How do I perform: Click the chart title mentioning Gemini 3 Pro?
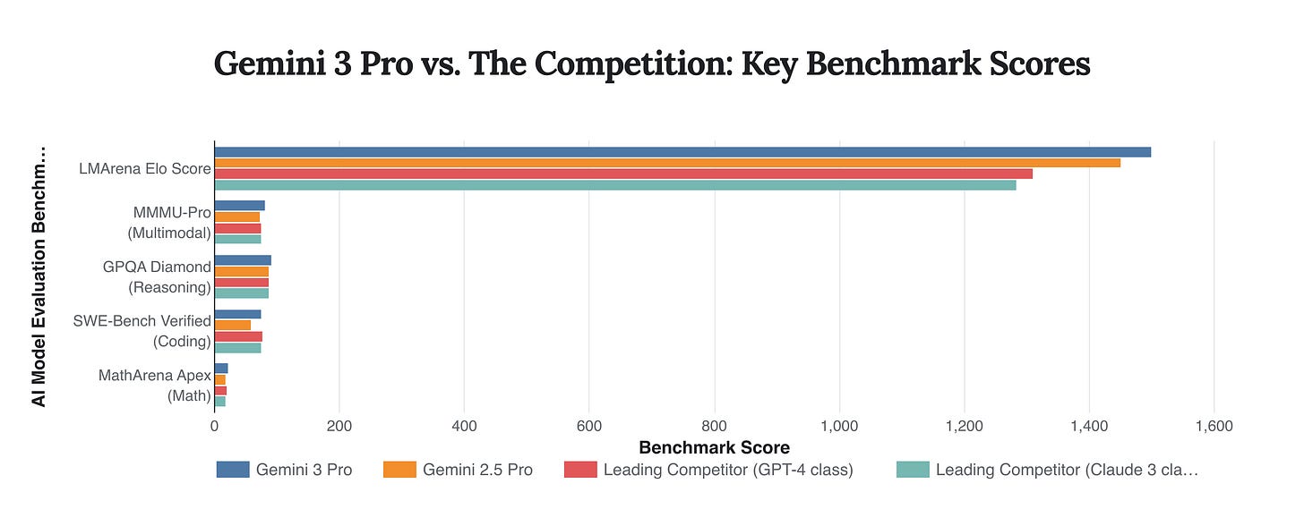coord(651,64)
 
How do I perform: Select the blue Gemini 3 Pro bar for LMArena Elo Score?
coord(682,152)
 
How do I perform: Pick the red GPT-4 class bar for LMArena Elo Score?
coord(622,174)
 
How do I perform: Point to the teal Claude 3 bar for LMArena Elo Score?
coord(614,185)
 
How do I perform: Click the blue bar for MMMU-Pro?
coord(239,206)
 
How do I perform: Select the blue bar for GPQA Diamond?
coord(242,260)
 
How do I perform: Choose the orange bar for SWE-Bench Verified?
coord(232,325)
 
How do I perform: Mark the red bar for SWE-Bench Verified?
coord(238,336)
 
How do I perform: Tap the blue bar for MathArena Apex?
coord(220,369)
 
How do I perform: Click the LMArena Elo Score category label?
coord(157,169)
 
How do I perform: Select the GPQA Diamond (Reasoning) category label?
coord(169,276)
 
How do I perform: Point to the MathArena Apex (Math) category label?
coord(155,385)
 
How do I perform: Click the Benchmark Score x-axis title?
coord(714,447)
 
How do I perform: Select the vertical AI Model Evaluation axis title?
coord(39,276)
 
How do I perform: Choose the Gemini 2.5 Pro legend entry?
coord(458,470)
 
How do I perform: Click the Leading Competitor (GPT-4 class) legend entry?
coord(708,470)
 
